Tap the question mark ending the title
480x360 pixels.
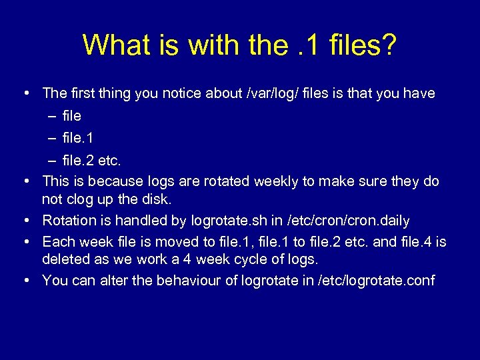(388, 45)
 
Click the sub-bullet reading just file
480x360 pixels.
(71, 116)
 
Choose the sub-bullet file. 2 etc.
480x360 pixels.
(91, 161)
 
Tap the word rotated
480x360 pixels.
(221, 181)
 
